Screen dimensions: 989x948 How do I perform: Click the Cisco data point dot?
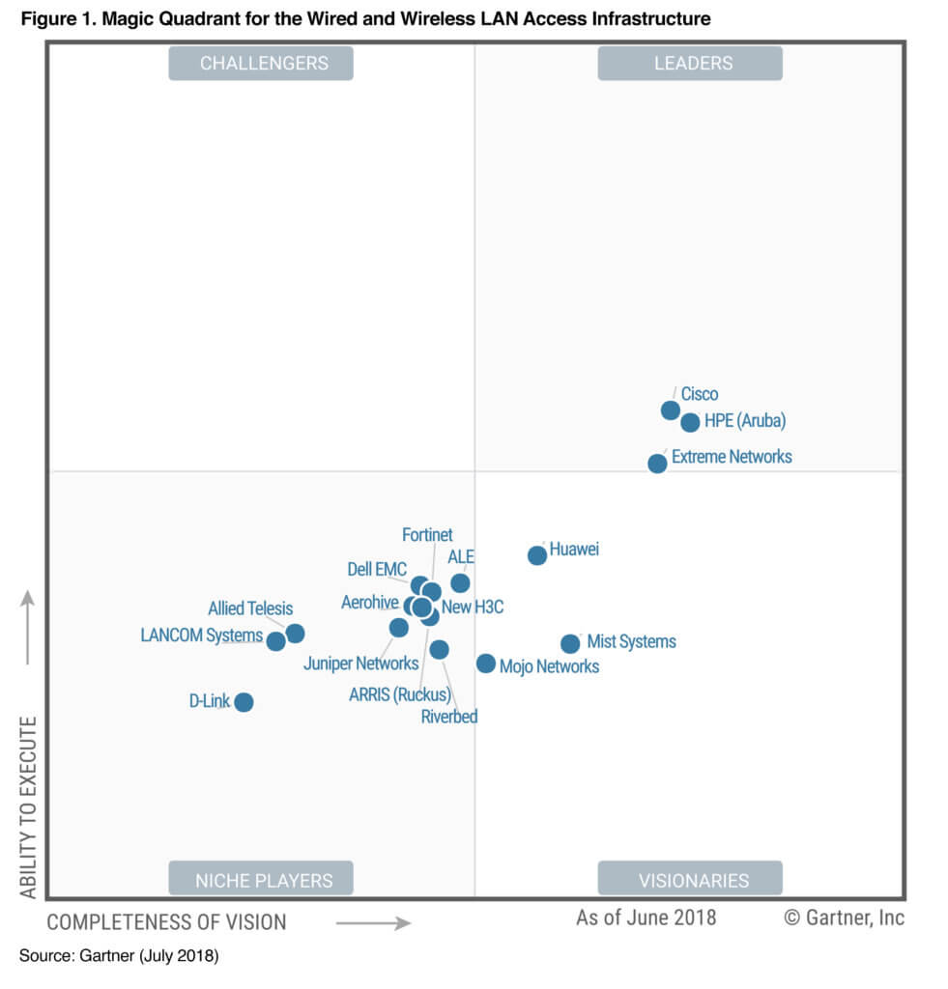tap(670, 410)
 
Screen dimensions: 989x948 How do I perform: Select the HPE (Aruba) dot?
tap(690, 422)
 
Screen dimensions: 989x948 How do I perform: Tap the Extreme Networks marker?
tap(657, 464)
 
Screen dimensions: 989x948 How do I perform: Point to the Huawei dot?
tap(537, 555)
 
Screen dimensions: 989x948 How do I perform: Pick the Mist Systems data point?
tap(570, 643)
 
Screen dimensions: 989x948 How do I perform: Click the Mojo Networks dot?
tap(486, 664)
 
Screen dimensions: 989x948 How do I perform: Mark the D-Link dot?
tap(244, 702)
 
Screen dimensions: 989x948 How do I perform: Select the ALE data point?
tap(460, 583)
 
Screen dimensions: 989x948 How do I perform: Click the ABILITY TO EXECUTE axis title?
tap(28, 807)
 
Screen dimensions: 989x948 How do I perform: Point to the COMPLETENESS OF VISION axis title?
tap(166, 922)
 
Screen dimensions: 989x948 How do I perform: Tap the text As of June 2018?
tap(646, 918)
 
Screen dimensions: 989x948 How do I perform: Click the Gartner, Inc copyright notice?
tap(844, 918)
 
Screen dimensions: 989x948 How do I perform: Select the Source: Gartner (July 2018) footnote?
tap(119, 956)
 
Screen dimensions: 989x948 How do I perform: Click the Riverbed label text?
tap(449, 717)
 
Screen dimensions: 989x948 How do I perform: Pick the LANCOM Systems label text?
tap(201, 636)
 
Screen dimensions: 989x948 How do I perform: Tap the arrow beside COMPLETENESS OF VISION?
tap(373, 923)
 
